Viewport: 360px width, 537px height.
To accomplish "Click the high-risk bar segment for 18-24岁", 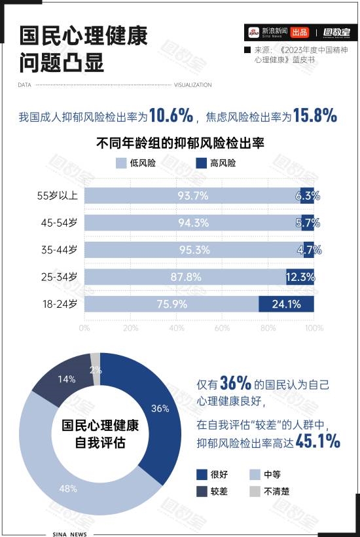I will point(286,304).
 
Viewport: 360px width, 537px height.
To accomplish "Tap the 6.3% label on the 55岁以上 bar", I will point(307,195).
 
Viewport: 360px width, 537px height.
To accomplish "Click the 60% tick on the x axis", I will point(222,327).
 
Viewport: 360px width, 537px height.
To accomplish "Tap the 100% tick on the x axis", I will point(314,327).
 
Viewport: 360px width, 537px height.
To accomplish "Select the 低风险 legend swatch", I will point(120,163).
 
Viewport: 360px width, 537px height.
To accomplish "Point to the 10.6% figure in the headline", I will point(171,116).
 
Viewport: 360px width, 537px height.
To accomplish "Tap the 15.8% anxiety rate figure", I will point(315,116).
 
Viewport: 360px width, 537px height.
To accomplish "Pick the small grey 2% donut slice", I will point(96,360).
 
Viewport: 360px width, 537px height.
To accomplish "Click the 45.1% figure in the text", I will point(318,442).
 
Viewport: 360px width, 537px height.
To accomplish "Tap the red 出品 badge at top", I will point(300,32).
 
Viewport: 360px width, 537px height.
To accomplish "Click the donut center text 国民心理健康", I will point(100,426).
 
